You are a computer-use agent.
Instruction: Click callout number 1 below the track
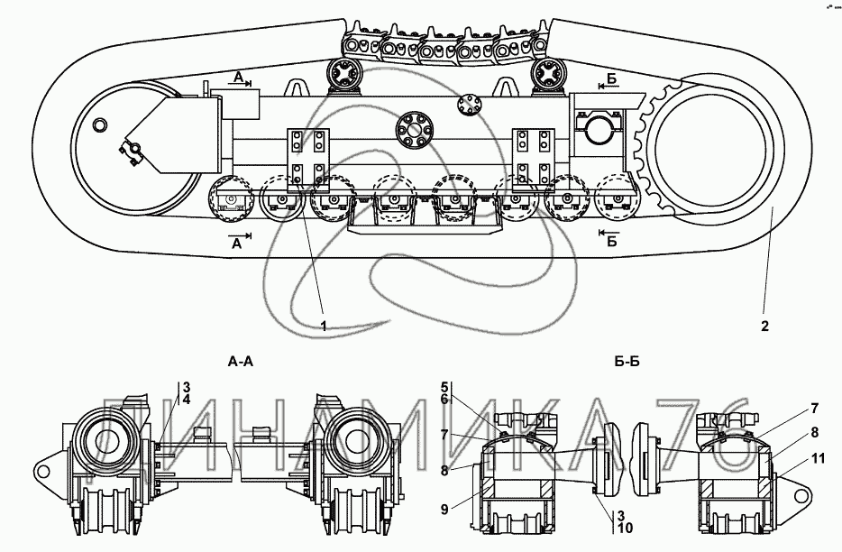[x=324, y=326]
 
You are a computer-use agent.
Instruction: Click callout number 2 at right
[x=764, y=326]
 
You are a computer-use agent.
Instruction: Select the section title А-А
[x=240, y=363]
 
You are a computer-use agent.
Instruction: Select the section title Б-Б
[x=627, y=363]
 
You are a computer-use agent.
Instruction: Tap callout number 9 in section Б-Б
[x=444, y=509]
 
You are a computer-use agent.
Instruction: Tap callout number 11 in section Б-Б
[x=819, y=458]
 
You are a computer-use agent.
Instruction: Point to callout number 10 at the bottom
[x=625, y=528]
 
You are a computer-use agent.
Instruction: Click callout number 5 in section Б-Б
[x=444, y=386]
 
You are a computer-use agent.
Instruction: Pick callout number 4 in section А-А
[x=187, y=400]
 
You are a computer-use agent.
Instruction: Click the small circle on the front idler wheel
[x=100, y=124]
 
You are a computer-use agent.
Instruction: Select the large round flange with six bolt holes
[x=414, y=129]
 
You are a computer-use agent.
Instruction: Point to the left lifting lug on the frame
[x=295, y=88]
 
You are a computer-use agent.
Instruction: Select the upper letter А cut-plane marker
[x=238, y=78]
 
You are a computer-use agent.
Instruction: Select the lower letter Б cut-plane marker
[x=611, y=242]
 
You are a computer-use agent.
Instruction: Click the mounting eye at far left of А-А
[x=45, y=473]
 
